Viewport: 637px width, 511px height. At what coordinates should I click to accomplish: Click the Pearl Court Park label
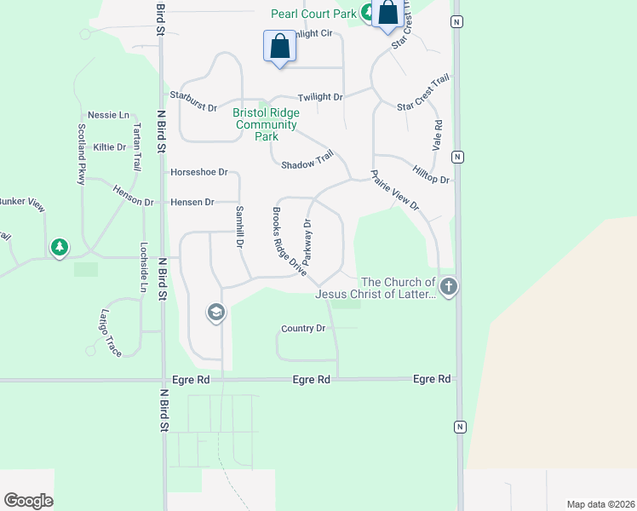(313, 14)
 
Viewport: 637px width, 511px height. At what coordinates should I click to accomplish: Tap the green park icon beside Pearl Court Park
(366, 13)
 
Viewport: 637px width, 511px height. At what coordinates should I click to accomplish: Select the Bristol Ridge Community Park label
(266, 124)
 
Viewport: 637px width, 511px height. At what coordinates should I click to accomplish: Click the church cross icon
(449, 287)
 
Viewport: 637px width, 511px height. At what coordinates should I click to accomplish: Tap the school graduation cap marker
(215, 313)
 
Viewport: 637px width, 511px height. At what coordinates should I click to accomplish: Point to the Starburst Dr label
(193, 100)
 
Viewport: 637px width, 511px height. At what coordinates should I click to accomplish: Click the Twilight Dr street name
(320, 97)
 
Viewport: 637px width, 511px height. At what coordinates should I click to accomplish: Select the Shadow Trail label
(307, 161)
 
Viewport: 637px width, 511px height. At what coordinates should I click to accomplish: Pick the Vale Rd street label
(438, 136)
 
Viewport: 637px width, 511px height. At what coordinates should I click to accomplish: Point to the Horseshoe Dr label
(199, 172)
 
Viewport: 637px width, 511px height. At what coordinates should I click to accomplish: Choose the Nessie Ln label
(108, 115)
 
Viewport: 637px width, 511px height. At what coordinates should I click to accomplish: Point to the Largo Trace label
(111, 332)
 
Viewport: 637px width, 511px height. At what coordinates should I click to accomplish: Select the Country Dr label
(303, 328)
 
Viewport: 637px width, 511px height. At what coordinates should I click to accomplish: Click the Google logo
(28, 501)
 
